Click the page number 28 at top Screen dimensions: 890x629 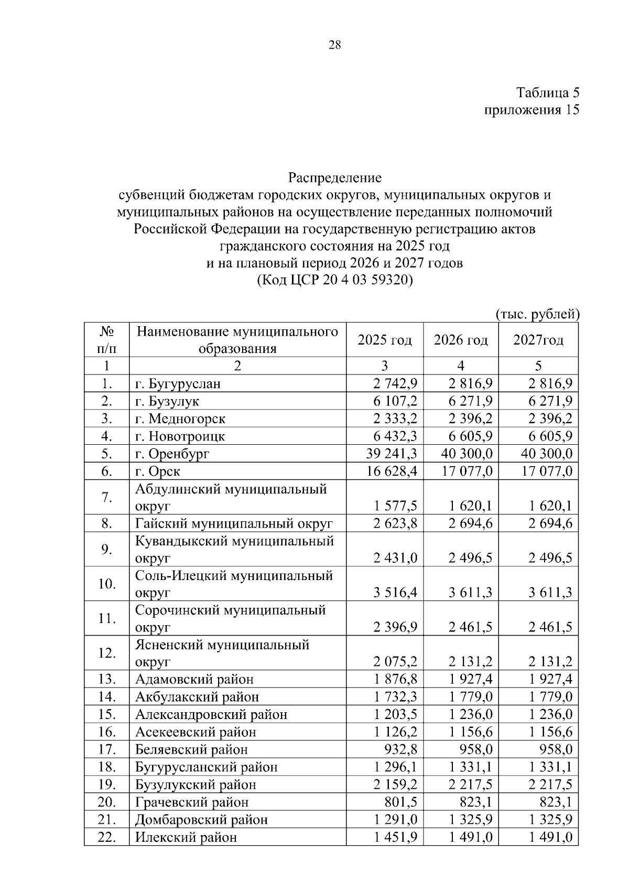click(x=334, y=45)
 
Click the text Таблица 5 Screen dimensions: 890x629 click(x=548, y=93)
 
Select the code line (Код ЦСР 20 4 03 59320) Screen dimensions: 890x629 click(x=335, y=280)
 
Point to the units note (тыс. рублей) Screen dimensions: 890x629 click(x=537, y=314)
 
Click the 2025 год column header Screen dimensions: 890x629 click(x=385, y=340)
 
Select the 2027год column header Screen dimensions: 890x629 click(x=538, y=340)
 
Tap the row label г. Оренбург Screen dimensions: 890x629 click(x=172, y=454)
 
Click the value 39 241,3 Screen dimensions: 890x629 click(x=392, y=454)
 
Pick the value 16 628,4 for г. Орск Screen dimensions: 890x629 click(x=392, y=471)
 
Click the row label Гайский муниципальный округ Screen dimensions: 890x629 click(x=234, y=523)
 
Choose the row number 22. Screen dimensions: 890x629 click(x=106, y=837)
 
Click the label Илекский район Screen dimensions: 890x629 click(x=186, y=837)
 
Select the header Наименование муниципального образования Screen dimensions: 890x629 click(x=237, y=340)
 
